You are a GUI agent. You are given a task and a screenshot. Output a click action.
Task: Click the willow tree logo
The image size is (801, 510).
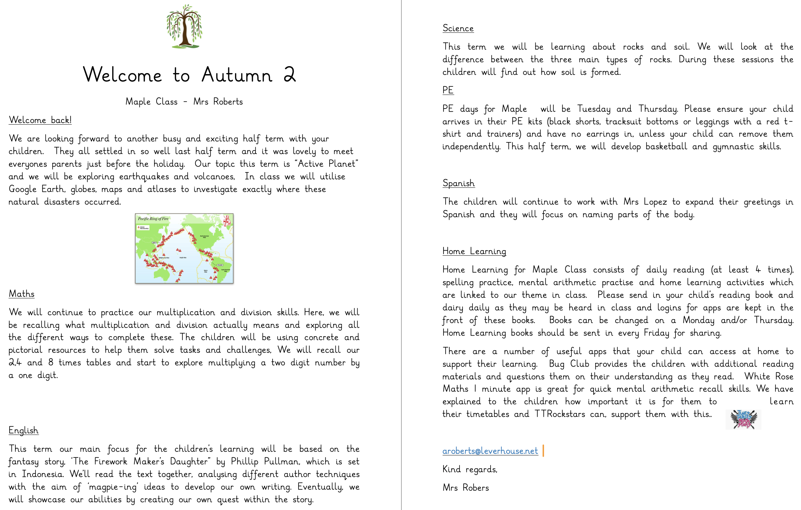184,27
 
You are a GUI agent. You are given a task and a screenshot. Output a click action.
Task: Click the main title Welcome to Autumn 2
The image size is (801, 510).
189,75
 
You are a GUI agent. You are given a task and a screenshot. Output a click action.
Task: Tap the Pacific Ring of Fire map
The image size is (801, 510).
184,249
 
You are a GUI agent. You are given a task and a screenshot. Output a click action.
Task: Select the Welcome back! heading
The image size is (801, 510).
40,120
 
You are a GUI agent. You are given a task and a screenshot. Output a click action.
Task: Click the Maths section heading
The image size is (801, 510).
21,294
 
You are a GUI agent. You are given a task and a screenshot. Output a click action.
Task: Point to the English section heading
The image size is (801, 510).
24,430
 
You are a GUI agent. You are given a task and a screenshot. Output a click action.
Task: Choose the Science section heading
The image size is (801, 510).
458,28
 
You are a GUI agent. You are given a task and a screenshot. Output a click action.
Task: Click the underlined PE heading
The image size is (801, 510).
448,90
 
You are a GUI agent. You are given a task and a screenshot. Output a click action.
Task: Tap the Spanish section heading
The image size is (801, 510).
458,183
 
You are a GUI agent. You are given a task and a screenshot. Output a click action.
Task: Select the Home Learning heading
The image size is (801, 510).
474,252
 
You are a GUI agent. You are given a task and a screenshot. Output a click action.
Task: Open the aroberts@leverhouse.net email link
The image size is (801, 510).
490,451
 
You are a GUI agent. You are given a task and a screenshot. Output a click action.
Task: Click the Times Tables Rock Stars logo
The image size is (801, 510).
743,419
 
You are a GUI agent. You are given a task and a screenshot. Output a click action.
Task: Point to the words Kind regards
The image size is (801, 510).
470,469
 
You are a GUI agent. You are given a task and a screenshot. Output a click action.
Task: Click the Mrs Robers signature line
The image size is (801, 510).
466,488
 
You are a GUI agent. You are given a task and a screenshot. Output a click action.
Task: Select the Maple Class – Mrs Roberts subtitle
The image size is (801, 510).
184,102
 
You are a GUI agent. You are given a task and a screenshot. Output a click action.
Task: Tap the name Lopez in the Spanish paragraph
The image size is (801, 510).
655,202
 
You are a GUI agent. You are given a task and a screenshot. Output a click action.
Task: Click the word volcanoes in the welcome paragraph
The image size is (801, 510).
214,177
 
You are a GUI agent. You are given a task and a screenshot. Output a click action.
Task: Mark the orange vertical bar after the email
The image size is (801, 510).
543,451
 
